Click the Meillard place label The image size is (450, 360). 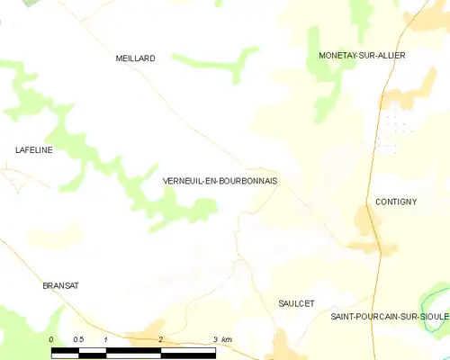click(x=136, y=58)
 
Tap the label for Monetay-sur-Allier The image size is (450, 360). click(x=362, y=56)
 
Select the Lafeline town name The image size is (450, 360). click(x=34, y=150)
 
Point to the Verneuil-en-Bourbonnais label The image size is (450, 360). click(x=220, y=181)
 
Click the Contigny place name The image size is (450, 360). click(x=396, y=202)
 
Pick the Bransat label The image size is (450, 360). click(x=61, y=285)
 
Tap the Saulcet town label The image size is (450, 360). click(x=296, y=304)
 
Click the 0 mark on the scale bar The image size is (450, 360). click(x=51, y=339)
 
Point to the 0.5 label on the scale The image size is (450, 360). click(x=78, y=339)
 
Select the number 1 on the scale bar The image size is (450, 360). click(x=106, y=339)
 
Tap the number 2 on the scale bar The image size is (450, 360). click(x=160, y=339)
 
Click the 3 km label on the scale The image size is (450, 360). click(x=221, y=339)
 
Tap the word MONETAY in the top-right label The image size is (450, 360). click(x=337, y=56)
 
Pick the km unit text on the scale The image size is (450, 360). click(x=227, y=339)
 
